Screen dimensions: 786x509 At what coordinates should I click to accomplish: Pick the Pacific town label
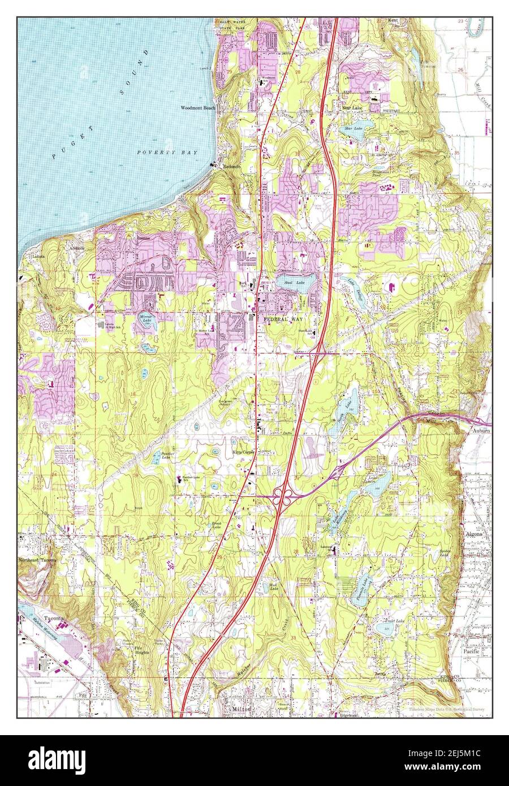(x=471, y=651)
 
